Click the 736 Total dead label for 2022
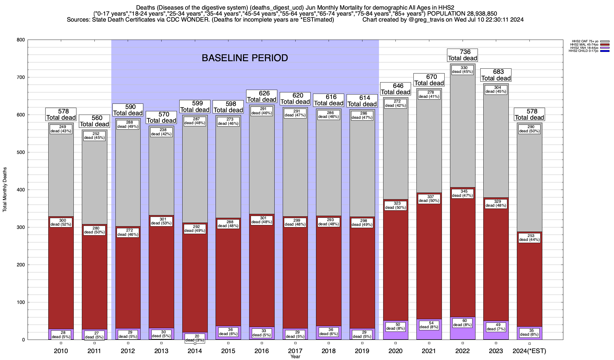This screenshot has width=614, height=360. point(462,55)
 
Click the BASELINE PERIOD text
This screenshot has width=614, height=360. point(245,58)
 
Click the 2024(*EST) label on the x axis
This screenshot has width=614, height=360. point(529,351)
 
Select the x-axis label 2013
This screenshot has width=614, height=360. point(161,351)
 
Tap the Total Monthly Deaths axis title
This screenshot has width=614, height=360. point(5,190)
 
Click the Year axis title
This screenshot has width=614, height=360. point(295,357)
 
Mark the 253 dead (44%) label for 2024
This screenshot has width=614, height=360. point(529,238)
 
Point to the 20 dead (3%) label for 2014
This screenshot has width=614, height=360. point(195,338)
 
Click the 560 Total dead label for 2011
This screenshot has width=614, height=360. point(94,121)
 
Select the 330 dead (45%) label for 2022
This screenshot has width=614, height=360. point(462,70)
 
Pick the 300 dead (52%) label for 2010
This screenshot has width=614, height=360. point(61,222)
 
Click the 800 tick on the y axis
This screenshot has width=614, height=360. point(21,40)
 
